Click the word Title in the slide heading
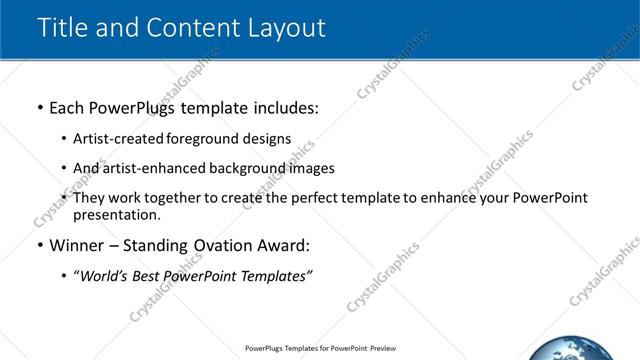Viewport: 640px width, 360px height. pyautogui.click(x=63, y=27)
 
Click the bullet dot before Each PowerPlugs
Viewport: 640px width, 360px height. pyautogui.click(x=39, y=106)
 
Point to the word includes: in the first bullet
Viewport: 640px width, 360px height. pyautogui.click(x=285, y=106)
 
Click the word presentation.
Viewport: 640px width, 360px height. pyautogui.click(x=115, y=214)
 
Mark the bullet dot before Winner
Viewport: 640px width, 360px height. pyautogui.click(x=39, y=245)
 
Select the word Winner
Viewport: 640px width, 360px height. pyautogui.click(x=76, y=245)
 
